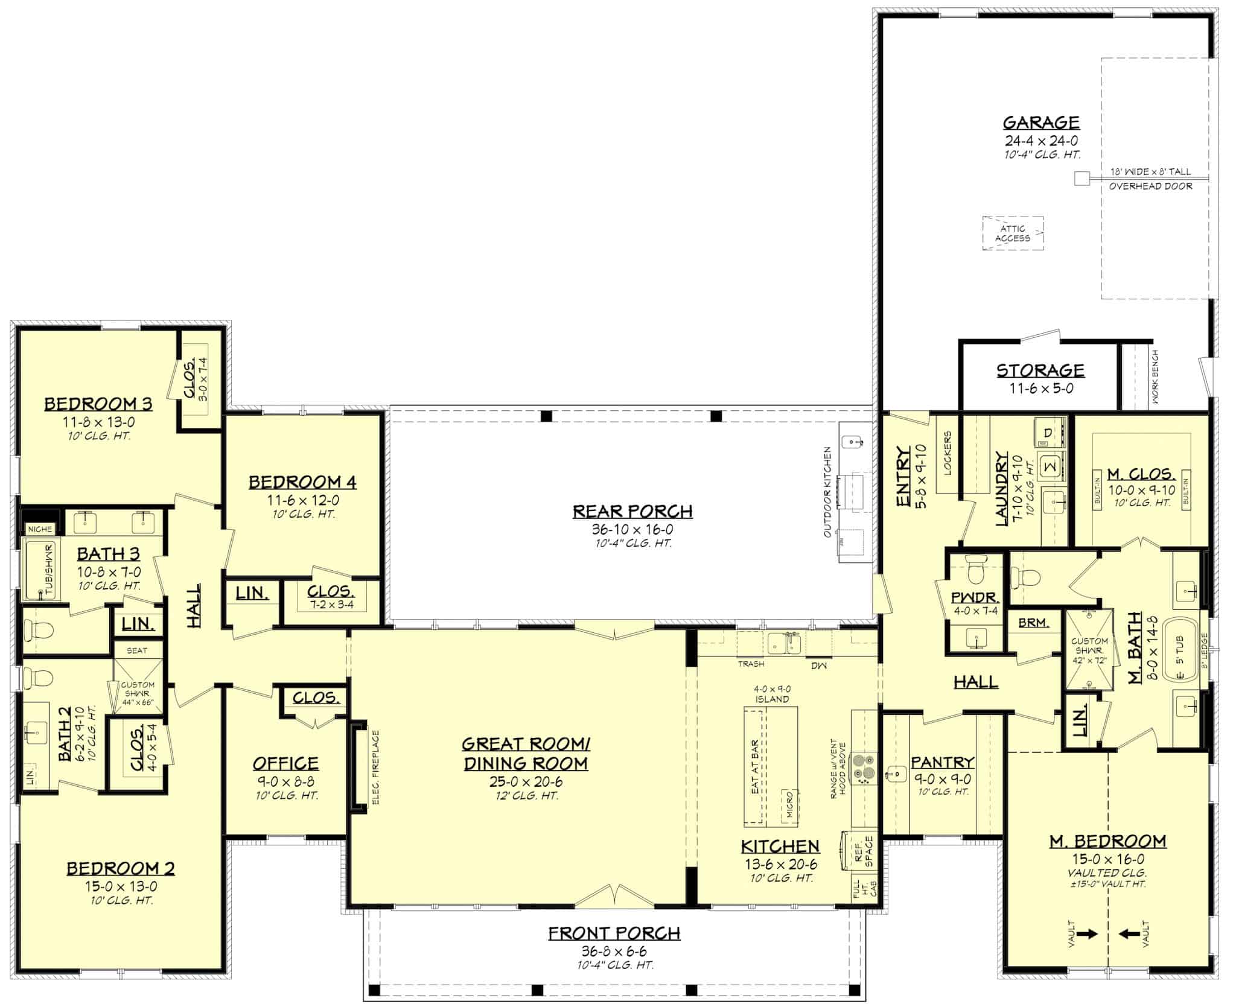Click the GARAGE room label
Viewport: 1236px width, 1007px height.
[x=1041, y=122]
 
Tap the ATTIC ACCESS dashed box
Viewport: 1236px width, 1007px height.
[x=1013, y=233]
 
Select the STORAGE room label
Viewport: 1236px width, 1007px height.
[x=1040, y=370]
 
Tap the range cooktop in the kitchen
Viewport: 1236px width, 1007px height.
[x=864, y=768]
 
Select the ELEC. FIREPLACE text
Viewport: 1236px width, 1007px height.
[x=375, y=767]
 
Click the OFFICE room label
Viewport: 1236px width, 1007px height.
[x=285, y=763]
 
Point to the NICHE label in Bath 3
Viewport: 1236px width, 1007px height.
[x=40, y=529]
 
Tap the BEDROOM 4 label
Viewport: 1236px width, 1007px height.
[x=302, y=482]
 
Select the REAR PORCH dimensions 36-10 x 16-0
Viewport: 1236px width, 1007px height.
[x=632, y=529]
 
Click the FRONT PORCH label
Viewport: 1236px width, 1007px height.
[x=614, y=933]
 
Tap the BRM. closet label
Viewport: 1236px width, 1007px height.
[x=1033, y=623]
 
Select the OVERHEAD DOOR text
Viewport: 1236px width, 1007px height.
[x=1150, y=186]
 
